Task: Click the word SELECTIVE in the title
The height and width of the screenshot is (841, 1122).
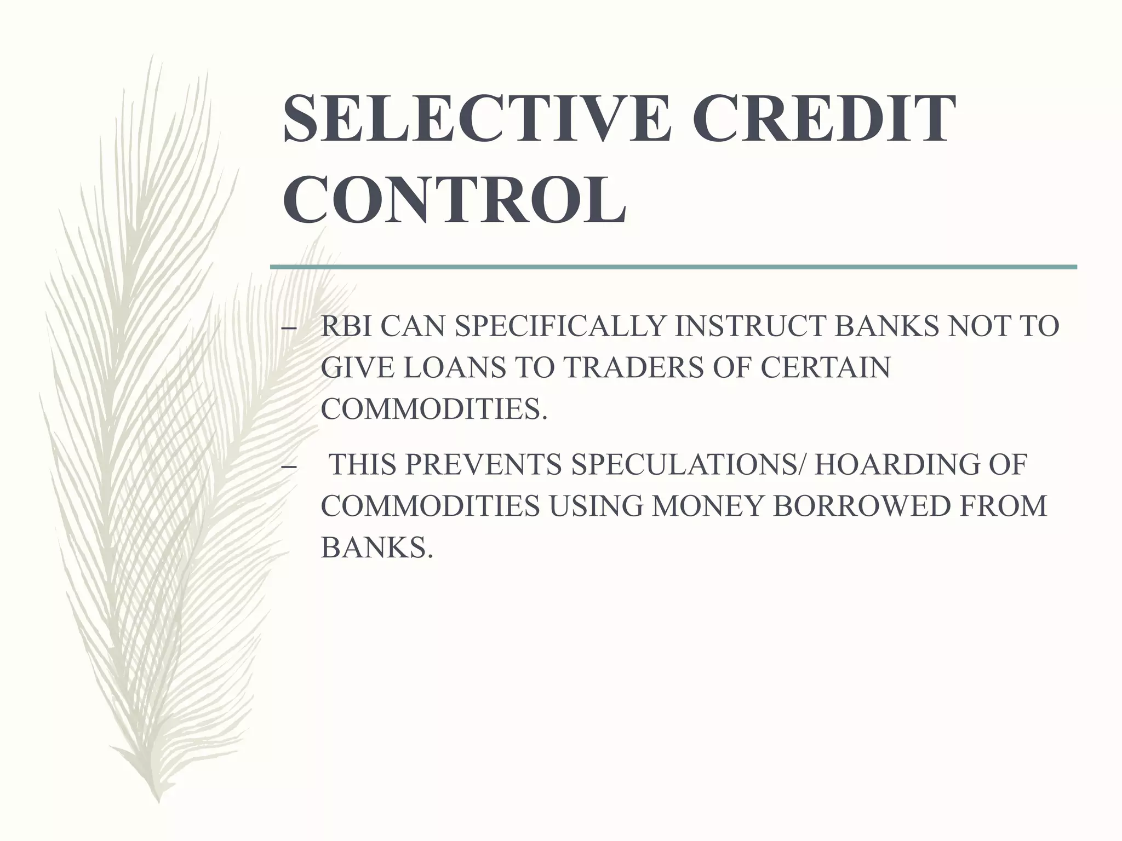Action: pos(476,119)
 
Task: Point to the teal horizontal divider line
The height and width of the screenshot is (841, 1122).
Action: pos(673,267)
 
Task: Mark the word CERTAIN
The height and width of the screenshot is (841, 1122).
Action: pos(825,367)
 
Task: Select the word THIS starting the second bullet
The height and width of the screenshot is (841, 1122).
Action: pos(362,465)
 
